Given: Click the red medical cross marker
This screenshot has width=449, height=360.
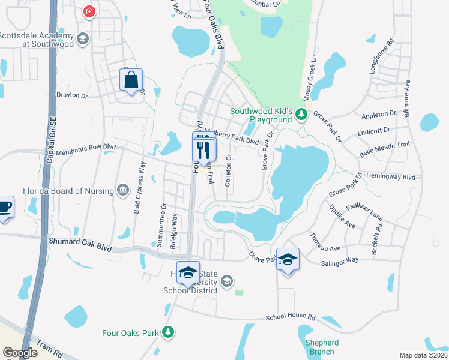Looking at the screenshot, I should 89,11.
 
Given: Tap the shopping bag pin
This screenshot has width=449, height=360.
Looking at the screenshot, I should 131,80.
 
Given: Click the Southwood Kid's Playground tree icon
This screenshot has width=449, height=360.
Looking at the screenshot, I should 303,113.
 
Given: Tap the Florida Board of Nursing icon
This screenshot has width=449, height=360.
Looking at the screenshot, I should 124,190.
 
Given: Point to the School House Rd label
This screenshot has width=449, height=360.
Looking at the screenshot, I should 291,316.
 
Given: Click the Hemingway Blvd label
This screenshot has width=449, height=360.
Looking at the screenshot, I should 393,177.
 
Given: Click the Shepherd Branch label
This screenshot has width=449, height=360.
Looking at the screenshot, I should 322,347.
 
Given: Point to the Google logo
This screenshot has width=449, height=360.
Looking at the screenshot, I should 20,353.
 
